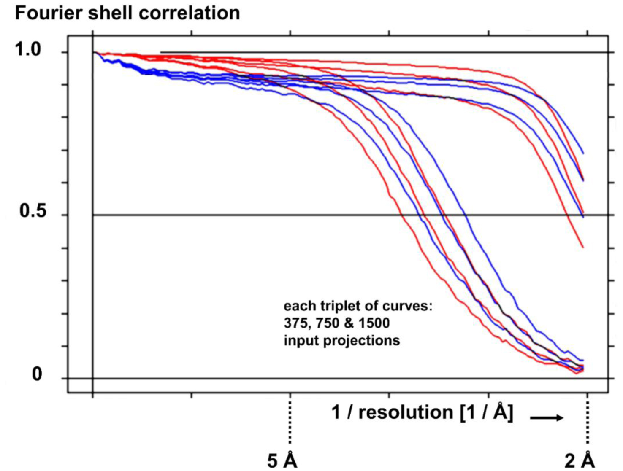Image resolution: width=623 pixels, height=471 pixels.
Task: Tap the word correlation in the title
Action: (x=190, y=13)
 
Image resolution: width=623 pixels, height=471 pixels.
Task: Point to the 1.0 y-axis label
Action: (x=28, y=50)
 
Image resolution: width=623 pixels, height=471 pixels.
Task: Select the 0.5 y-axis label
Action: (x=33, y=211)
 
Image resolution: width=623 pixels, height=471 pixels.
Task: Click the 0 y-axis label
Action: (x=37, y=374)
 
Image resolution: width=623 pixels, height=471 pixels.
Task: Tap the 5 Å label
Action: (x=282, y=460)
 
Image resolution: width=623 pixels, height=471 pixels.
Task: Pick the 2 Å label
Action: (x=580, y=460)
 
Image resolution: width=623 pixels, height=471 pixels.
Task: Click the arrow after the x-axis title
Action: (x=546, y=417)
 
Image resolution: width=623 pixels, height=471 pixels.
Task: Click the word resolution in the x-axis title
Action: (x=406, y=412)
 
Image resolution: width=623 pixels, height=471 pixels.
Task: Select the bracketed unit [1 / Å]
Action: (x=486, y=412)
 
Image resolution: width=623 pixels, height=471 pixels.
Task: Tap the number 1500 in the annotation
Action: (x=374, y=323)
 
